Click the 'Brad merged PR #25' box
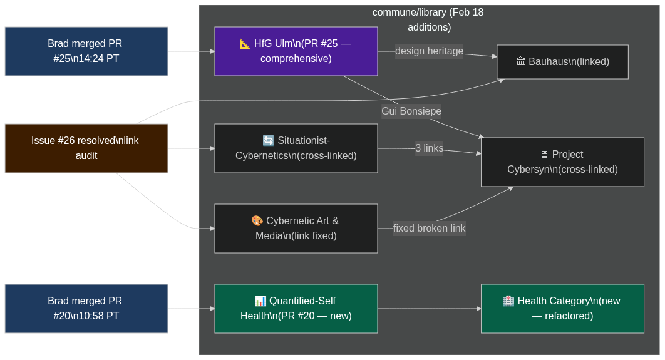tap(86, 51)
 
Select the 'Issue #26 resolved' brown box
tap(86, 148)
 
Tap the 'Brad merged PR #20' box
tap(86, 309)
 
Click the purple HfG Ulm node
tap(296, 51)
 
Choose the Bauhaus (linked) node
tap(562, 62)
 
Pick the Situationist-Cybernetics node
tap(296, 148)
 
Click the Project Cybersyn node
tap(562, 162)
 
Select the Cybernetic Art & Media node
tap(296, 229)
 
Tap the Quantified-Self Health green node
tap(296, 309)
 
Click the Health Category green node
tap(562, 309)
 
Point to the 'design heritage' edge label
tap(429, 51)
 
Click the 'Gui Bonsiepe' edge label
tap(411, 111)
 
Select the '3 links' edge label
tap(429, 148)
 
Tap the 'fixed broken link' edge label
tap(429, 229)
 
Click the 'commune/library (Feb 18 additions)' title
tap(428, 19)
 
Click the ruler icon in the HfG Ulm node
tap(245, 44)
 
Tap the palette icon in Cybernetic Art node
tap(257, 221)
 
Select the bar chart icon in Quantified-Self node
tap(260, 301)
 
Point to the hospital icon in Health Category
tap(508, 301)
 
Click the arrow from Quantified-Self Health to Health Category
tap(429, 309)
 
